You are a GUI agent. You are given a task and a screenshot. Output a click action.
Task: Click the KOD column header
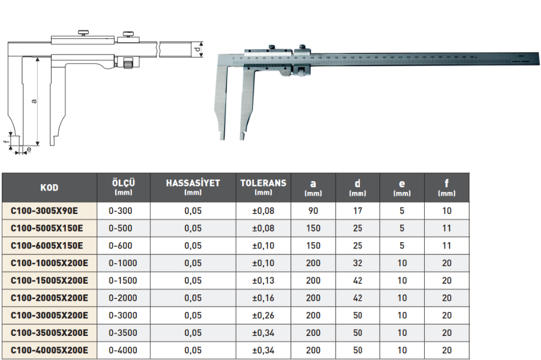pyautogui.click(x=49, y=188)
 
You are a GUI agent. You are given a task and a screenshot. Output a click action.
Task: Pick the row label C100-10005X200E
pyautogui.click(x=49, y=263)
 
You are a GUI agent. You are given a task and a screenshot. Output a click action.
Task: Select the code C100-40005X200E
pyautogui.click(x=49, y=351)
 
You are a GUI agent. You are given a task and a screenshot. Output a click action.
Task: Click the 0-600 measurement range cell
pyautogui.click(x=123, y=246)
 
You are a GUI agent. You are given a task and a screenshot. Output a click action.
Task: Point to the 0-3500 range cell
pyautogui.click(x=123, y=333)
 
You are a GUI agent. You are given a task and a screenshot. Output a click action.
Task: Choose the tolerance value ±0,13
pyautogui.click(x=263, y=281)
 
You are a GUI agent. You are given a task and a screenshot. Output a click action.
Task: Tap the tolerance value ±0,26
pyautogui.click(x=263, y=315)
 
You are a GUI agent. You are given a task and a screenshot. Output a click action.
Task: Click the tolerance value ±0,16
pyautogui.click(x=263, y=298)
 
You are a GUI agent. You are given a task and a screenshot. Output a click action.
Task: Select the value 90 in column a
pyautogui.click(x=313, y=210)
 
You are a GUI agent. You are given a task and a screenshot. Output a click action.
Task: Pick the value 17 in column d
pyautogui.click(x=357, y=210)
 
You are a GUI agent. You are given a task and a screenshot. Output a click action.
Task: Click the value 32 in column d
pyautogui.click(x=357, y=263)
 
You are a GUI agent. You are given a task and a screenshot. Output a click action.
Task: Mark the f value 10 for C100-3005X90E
pyautogui.click(x=447, y=210)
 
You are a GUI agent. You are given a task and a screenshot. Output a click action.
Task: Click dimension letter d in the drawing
pyautogui.click(x=198, y=50)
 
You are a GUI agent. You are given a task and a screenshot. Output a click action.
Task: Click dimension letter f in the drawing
pyautogui.click(x=5, y=141)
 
